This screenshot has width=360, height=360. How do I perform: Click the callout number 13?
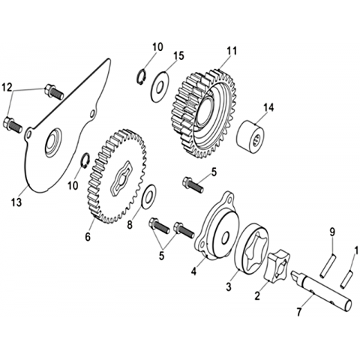(x=16, y=202)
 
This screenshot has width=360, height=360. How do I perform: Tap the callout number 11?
(x=232, y=51)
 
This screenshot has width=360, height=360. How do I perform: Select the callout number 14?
(x=268, y=107)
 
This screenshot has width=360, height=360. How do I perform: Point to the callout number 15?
(x=178, y=55)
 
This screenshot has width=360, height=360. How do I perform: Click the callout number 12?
(x=7, y=87)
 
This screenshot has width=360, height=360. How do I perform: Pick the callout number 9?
(x=332, y=232)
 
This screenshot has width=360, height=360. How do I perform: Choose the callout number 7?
(x=299, y=312)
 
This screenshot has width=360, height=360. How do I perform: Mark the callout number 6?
(x=88, y=236)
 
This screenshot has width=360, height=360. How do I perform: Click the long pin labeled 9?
(x=327, y=265)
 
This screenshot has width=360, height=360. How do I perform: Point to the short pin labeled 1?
(x=346, y=280)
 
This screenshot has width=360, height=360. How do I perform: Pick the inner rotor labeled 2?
(x=277, y=267)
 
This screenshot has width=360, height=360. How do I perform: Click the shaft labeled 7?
(x=322, y=291)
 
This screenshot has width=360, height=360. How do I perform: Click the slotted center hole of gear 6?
(x=121, y=178)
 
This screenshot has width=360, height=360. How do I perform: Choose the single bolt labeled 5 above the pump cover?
(x=193, y=184)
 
